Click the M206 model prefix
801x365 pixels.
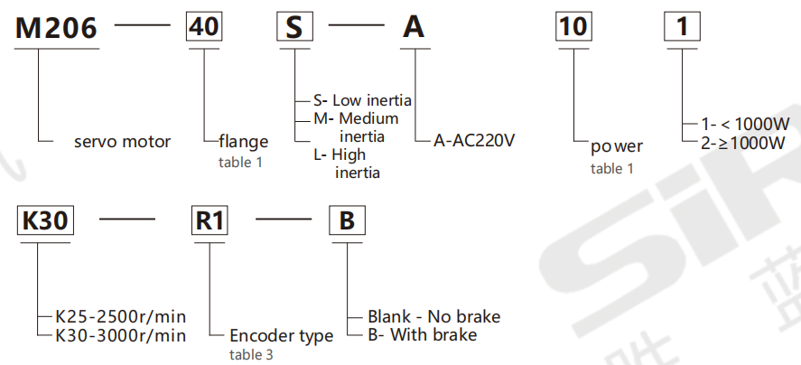click(x=56, y=28)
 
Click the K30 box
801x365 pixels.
click(x=42, y=221)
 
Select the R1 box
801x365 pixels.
click(x=210, y=221)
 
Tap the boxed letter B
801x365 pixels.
click(x=347, y=221)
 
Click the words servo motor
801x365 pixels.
click(x=122, y=142)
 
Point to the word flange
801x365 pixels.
click(x=243, y=142)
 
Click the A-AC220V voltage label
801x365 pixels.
click(x=475, y=141)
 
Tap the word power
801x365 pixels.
click(x=617, y=146)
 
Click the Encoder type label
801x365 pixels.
click(x=280, y=336)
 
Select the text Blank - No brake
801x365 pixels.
click(x=433, y=316)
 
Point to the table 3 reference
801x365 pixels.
click(x=252, y=355)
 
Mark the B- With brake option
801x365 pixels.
click(x=422, y=335)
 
